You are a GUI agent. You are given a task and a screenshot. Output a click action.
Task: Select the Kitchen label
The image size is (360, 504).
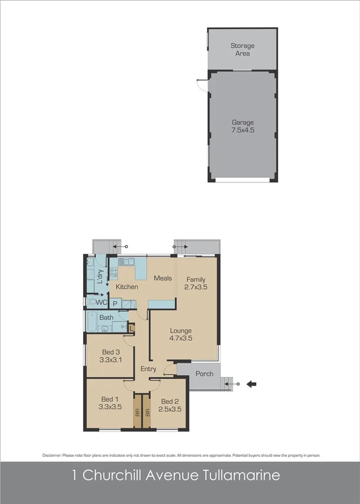pos(127,287)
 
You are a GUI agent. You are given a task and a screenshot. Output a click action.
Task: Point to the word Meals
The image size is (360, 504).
pos(163,278)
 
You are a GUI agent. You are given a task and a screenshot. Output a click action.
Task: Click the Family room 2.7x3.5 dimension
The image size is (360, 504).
pos(196,287)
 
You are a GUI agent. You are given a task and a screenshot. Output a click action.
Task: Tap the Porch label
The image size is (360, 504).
pos(204,374)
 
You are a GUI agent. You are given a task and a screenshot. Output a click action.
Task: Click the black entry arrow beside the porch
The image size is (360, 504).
pos(252,384)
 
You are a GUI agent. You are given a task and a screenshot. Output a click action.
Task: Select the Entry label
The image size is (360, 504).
pos(148,369)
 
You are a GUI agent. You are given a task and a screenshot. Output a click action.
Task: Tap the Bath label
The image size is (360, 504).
pos(106,317)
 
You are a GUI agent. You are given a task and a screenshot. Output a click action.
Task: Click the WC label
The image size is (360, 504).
pos(101,303)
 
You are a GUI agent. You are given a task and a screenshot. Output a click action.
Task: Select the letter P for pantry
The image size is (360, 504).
pos(115,303)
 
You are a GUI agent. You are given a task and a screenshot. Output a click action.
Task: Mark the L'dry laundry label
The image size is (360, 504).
pos(100,274)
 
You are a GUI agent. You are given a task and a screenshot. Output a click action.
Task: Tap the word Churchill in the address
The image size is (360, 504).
pos(117,475)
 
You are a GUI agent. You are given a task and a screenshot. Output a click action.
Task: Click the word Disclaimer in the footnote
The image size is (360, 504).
pos(54,456)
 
